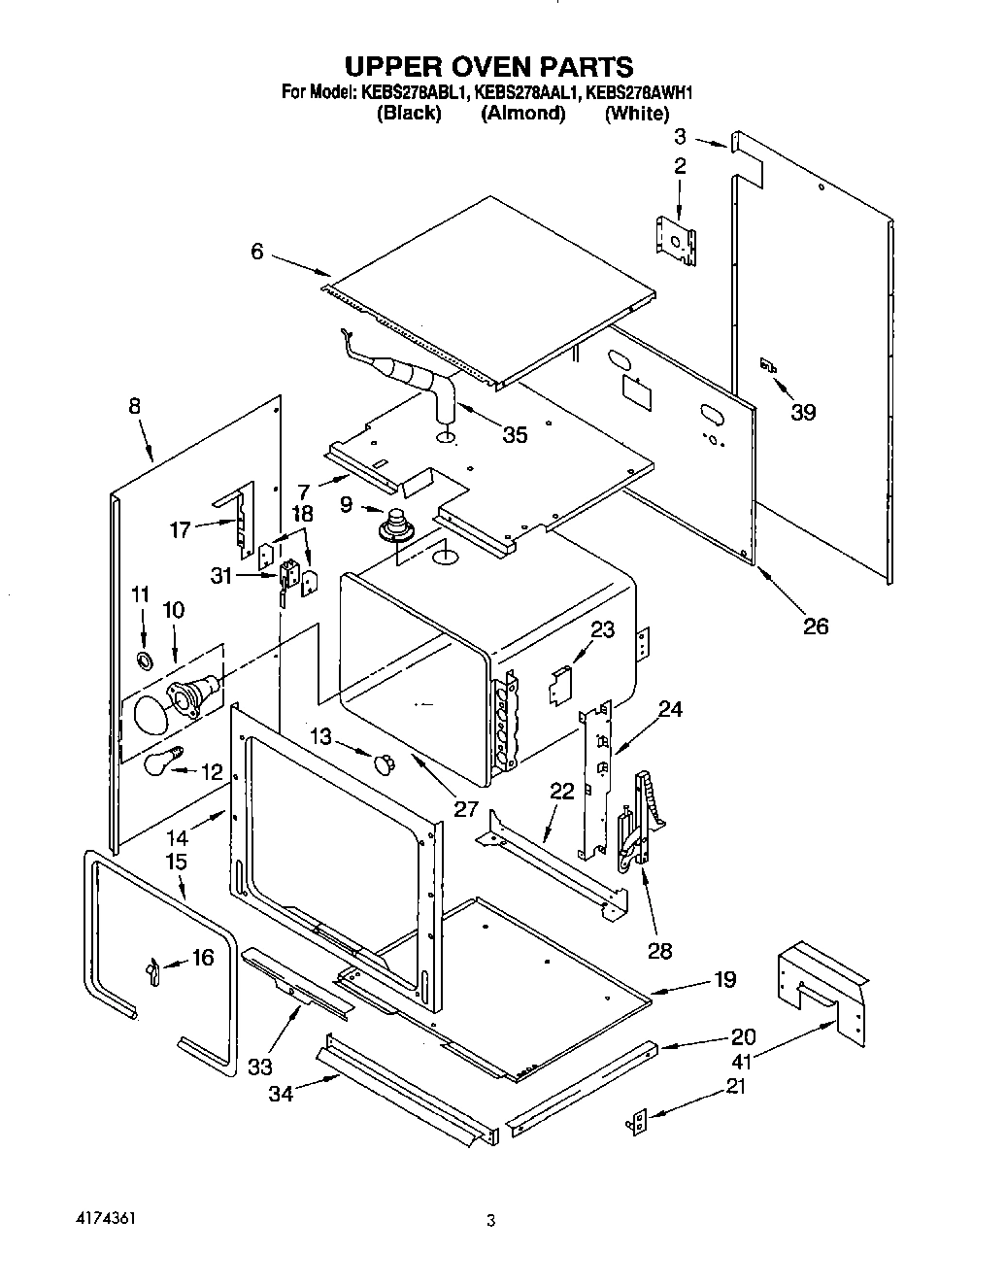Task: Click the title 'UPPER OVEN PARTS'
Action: coord(489,66)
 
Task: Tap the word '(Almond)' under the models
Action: coord(522,113)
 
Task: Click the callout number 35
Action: coord(514,435)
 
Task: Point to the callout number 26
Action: coord(816,627)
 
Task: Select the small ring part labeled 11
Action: coord(144,661)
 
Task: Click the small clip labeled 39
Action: coord(768,366)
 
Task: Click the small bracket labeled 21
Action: coord(638,1123)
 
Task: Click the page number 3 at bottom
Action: coord(491,1221)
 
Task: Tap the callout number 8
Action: coord(134,408)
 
